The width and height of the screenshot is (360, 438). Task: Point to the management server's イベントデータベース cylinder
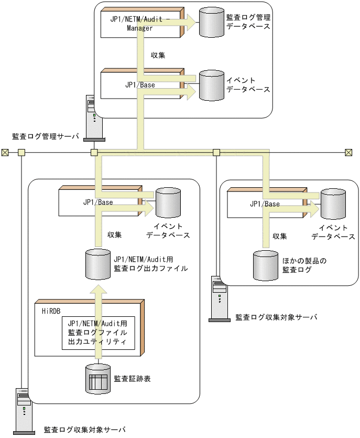pyautogui.click(x=212, y=85)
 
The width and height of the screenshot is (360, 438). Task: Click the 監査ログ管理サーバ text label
pyautogui.click(x=46, y=137)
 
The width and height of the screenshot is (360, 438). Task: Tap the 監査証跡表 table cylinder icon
pyautogui.click(x=98, y=379)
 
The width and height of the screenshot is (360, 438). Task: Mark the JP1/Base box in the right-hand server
pyautogui.click(x=265, y=204)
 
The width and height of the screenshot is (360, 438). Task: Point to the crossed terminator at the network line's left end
pyautogui.click(x=5, y=153)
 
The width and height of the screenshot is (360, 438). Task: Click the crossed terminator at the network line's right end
pyautogui.click(x=348, y=153)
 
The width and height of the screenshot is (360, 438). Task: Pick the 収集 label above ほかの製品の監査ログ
pyautogui.click(x=279, y=236)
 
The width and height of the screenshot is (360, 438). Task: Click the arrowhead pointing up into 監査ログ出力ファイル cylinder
pyautogui.click(x=98, y=290)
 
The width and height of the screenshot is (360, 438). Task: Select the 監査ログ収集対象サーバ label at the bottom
pyautogui.click(x=85, y=430)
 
